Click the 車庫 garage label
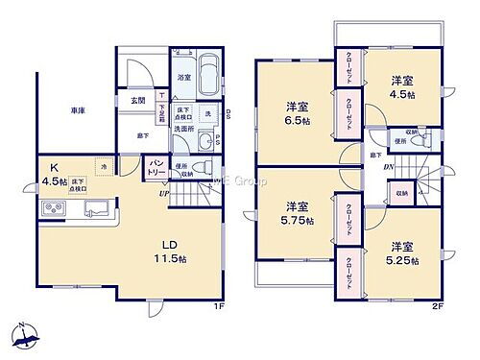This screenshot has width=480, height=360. point(78,112)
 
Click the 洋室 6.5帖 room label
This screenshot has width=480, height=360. point(295,113)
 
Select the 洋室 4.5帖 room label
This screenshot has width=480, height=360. point(401,88)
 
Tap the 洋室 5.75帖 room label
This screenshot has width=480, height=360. point(294,214)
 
